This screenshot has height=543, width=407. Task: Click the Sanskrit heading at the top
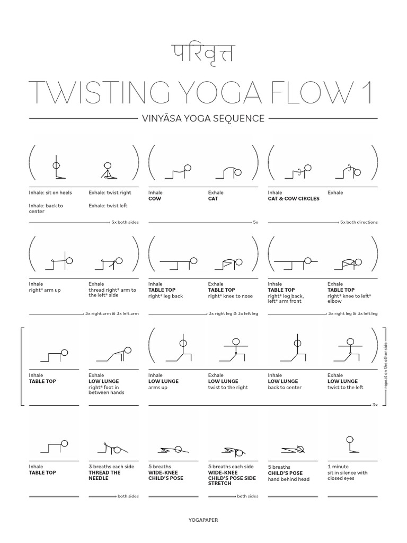[203, 53]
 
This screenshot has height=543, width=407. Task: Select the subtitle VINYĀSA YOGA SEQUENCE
[203, 118]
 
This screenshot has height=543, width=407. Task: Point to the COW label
[155, 199]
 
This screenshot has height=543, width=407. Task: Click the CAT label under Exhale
[213, 199]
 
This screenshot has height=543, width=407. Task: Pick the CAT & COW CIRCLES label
[294, 199]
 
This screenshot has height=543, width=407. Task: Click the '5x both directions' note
[359, 222]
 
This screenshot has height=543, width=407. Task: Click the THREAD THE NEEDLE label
[104, 475]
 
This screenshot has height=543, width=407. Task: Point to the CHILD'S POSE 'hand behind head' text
[289, 479]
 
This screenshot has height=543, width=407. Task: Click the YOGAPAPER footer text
[203, 520]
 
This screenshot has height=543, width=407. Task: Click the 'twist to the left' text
[346, 388]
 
